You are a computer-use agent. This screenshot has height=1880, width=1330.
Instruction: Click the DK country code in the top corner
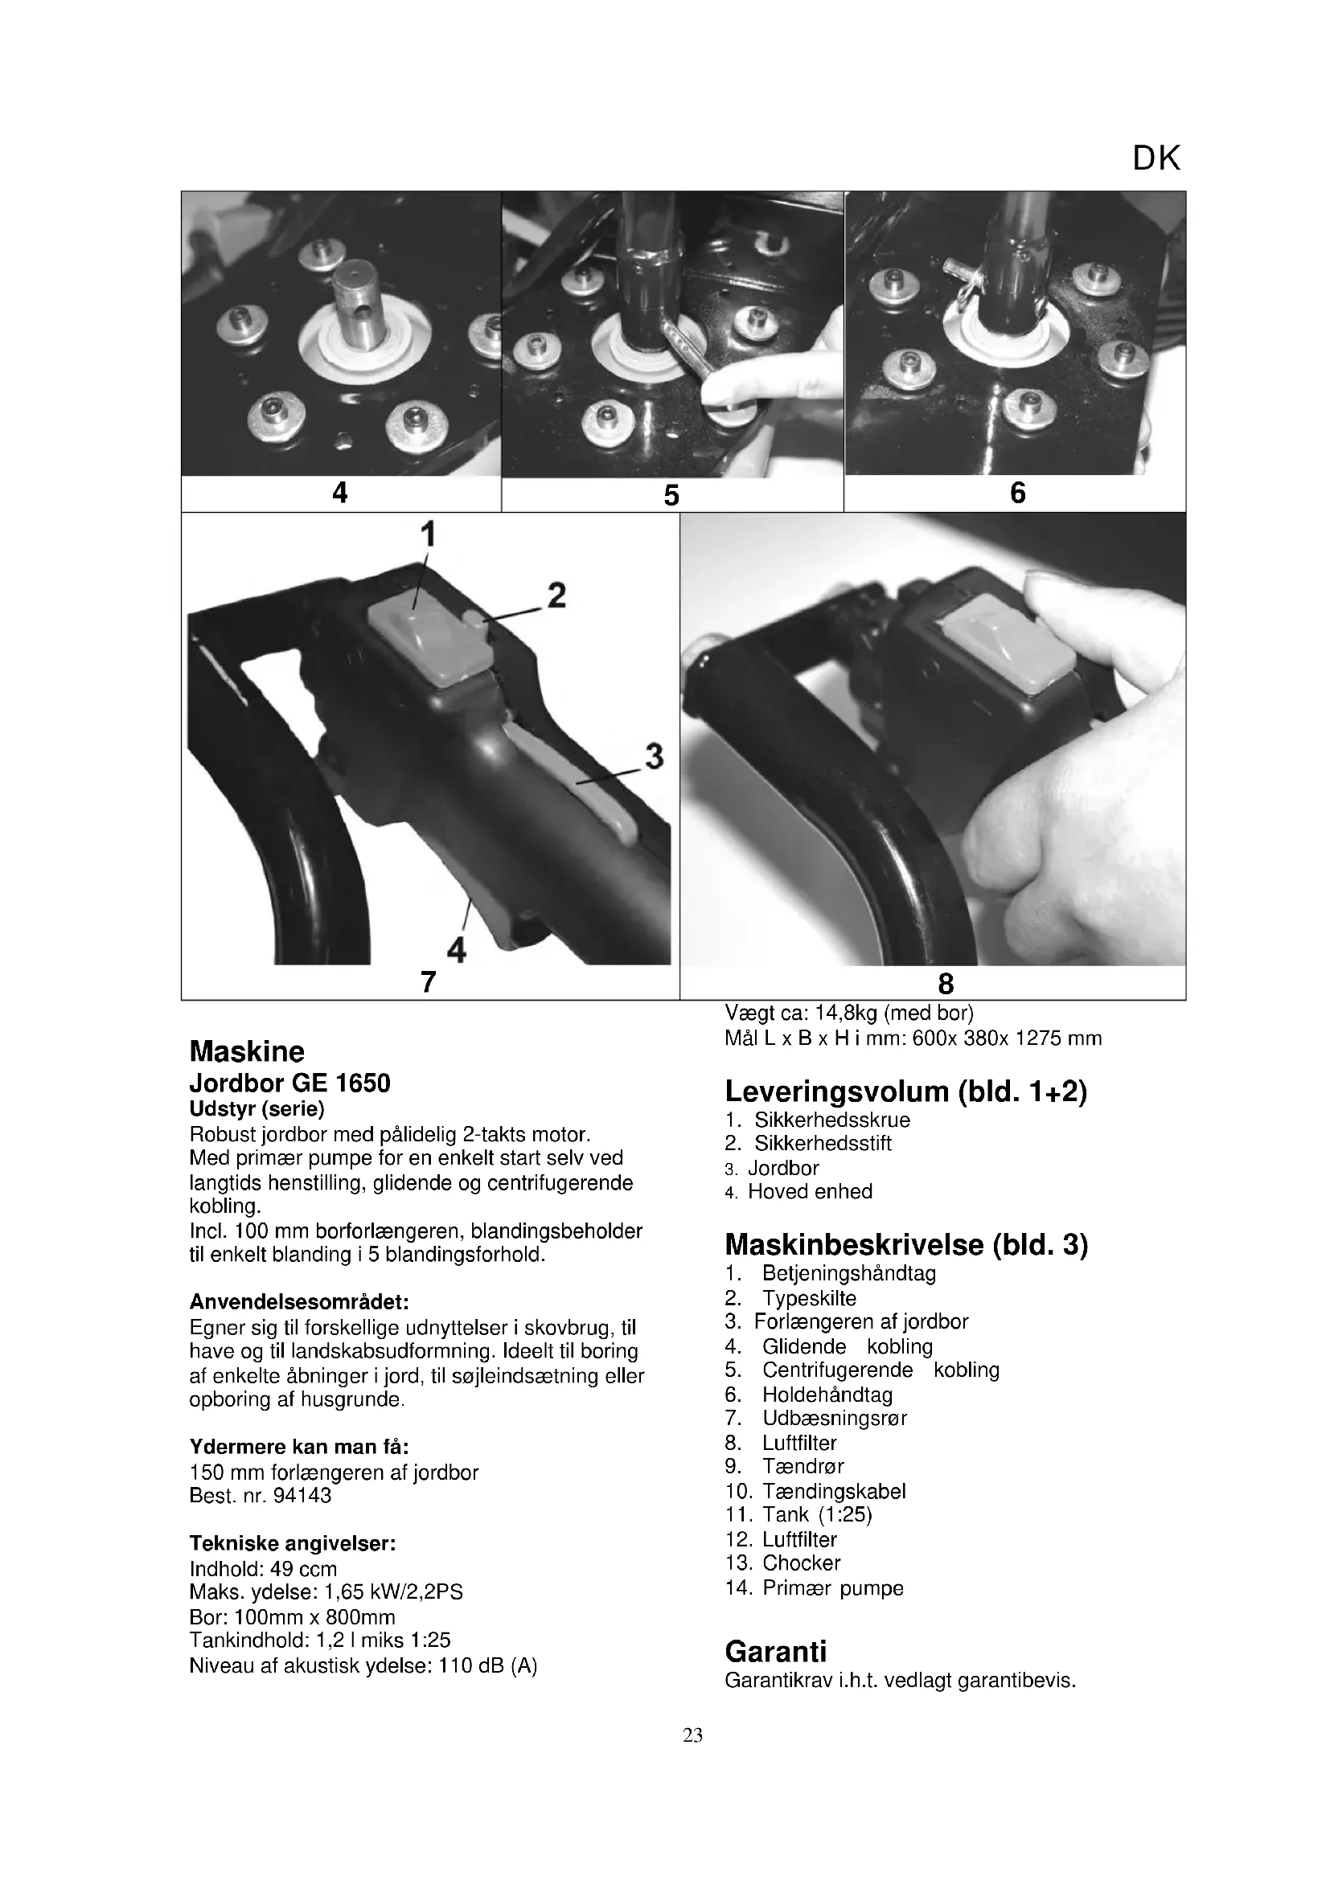click(1156, 159)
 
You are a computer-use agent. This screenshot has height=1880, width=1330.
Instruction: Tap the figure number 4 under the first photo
click(340, 493)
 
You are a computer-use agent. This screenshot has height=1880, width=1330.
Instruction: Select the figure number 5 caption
click(671, 495)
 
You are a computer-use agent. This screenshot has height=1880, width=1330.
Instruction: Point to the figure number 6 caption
click(1017, 493)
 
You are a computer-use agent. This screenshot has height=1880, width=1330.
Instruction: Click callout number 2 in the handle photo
click(557, 596)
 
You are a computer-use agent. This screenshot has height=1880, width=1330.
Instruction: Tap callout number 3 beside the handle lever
click(654, 756)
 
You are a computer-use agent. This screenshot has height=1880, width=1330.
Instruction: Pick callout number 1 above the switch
click(428, 535)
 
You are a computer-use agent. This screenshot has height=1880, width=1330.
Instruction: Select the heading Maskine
click(247, 1051)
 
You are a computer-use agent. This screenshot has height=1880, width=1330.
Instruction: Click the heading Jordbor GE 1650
click(290, 1083)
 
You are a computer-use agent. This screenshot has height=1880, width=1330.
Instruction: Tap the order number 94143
click(302, 1495)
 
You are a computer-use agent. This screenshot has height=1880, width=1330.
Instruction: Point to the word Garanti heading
click(775, 1651)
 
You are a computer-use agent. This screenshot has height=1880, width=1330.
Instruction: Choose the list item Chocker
click(801, 1563)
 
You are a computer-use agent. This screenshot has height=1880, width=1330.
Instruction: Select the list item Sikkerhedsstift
click(823, 1143)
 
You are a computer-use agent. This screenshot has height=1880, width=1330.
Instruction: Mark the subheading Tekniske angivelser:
click(293, 1543)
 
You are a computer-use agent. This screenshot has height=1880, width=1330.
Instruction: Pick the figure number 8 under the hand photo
click(946, 982)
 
